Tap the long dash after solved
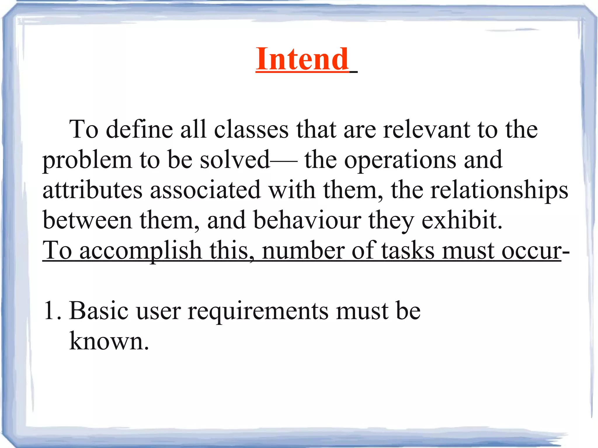(284, 161)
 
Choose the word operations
(400, 160)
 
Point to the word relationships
(499, 191)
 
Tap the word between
(87, 220)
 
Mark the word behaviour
(307, 220)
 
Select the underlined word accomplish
(140, 251)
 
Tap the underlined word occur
(531, 251)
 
